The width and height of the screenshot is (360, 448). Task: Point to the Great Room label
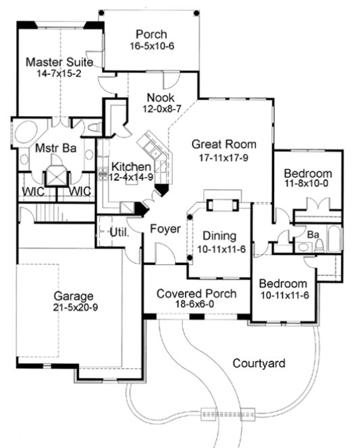pos(224,144)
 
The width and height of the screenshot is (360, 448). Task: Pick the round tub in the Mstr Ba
pos(27,132)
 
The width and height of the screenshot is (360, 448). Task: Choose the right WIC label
pos(80,192)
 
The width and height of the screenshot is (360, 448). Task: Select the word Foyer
pos(165,229)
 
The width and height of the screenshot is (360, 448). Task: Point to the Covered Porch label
pos(196,293)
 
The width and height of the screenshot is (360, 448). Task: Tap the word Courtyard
pos(259,364)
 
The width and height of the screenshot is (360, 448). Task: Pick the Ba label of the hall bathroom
pos(313,235)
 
